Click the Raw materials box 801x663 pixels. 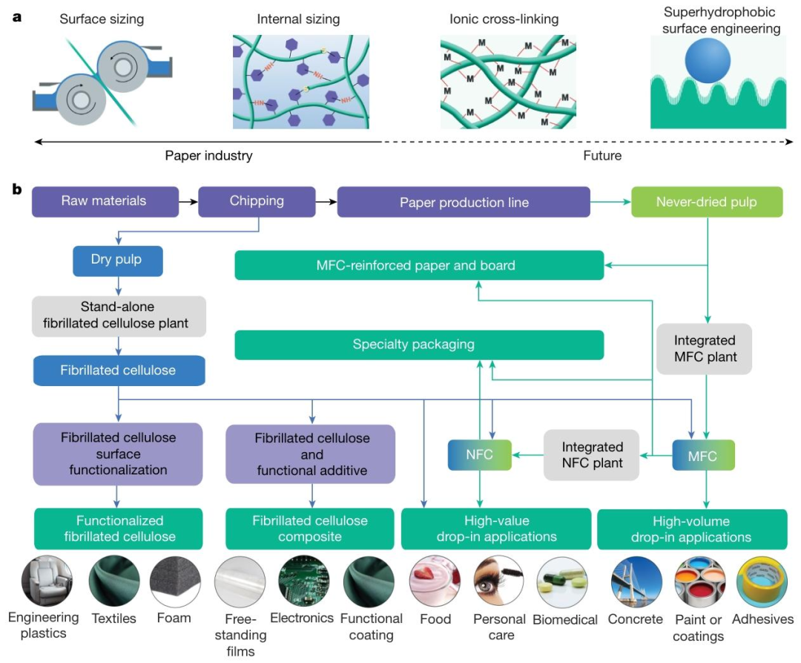click(105, 201)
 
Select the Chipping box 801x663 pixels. click(257, 201)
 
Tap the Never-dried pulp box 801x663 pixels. click(707, 202)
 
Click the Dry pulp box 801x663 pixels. click(117, 261)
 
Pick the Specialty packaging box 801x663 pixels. click(419, 344)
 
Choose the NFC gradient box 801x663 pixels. click(479, 454)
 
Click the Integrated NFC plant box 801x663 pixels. click(592, 454)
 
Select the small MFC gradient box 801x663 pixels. click(703, 455)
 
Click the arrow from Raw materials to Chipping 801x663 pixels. click(188, 202)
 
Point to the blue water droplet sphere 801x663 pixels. click(708, 60)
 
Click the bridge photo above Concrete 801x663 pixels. click(636, 582)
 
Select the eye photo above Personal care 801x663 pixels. click(498, 582)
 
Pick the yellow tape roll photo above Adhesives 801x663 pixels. click(761, 582)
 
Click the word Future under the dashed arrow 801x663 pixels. click(602, 155)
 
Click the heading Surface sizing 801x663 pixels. click(102, 19)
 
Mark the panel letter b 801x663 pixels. click(17, 189)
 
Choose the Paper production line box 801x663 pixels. click(464, 202)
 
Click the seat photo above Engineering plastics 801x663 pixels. click(47, 581)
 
